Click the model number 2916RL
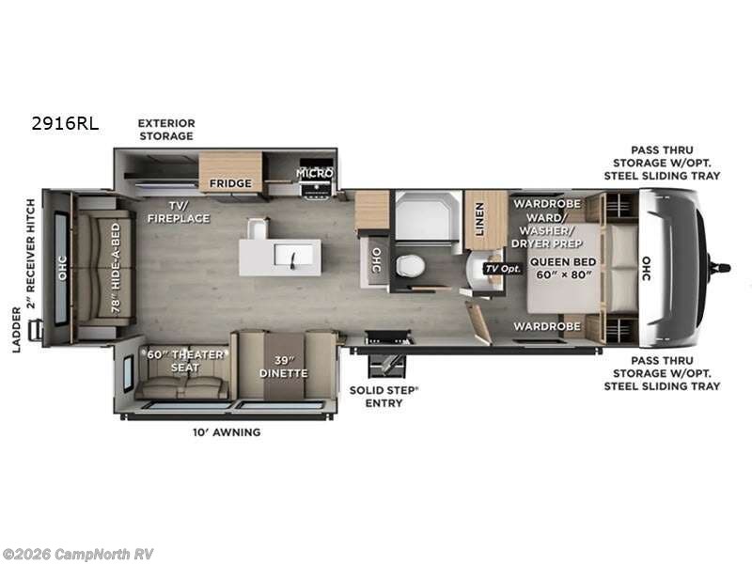65,123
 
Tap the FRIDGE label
230,183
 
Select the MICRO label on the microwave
315,173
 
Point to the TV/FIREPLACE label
179,212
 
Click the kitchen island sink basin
292,255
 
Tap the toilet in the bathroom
410,266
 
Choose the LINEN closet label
479,219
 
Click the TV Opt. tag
503,269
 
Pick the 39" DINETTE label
284,367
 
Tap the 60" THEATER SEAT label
185,361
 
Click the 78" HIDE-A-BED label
116,268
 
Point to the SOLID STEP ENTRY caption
384,397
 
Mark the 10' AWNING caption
227,432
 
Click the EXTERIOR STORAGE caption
166,130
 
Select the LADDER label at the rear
17,330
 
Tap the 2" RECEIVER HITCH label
31,254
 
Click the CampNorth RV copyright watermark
77,555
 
